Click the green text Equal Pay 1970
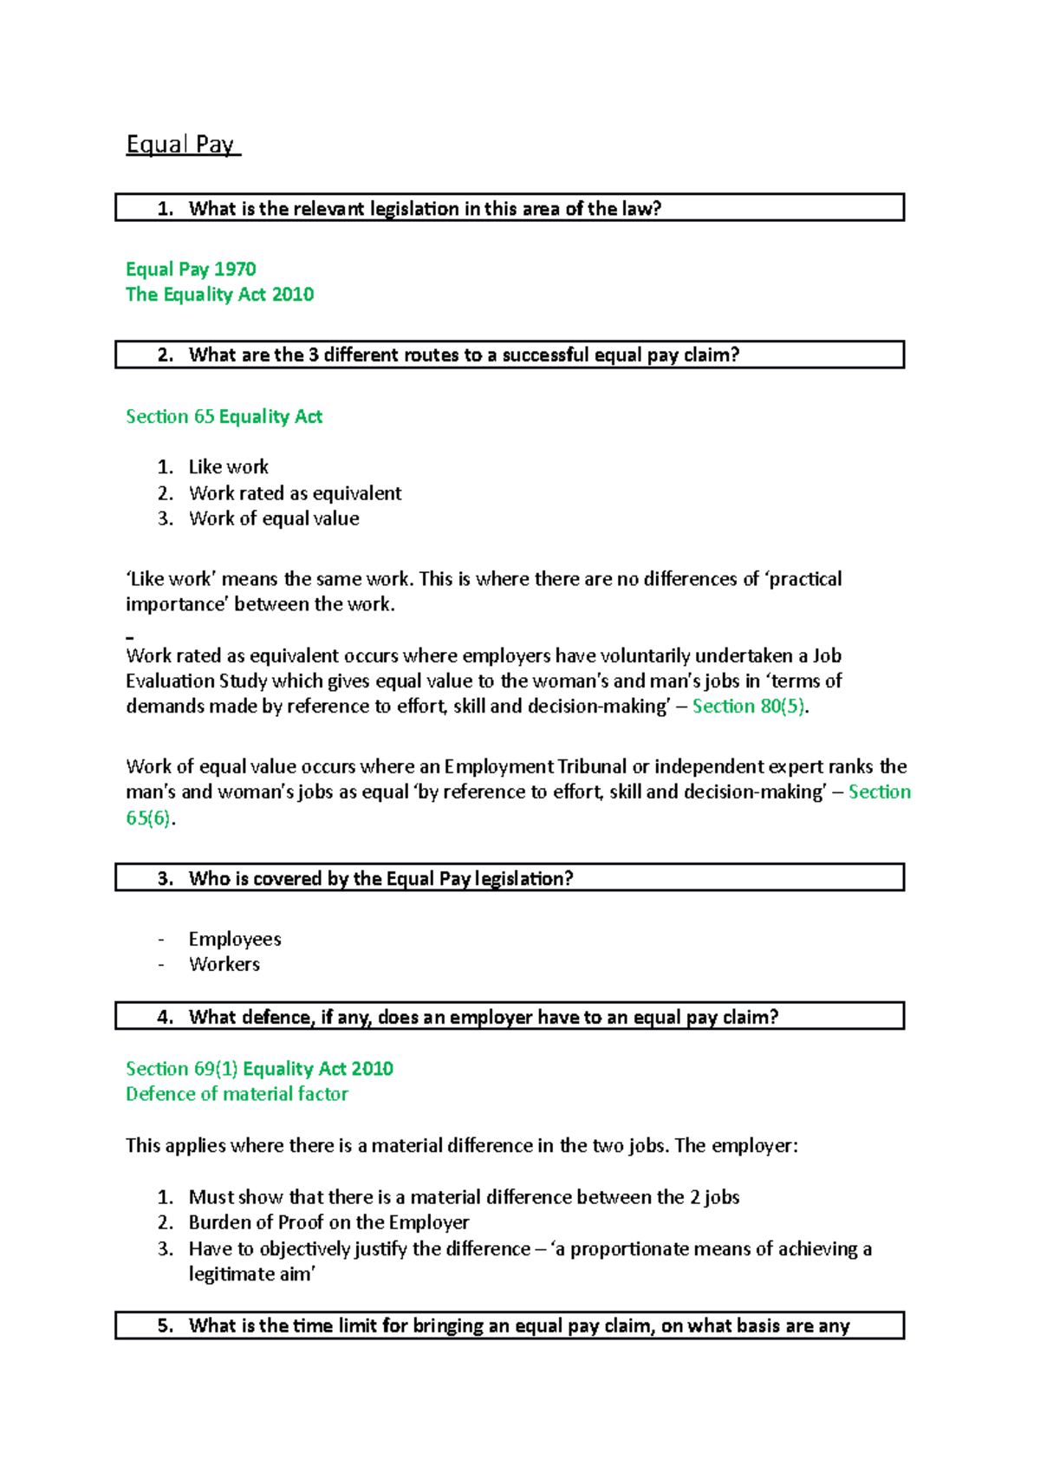click(x=191, y=269)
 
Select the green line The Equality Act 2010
click(x=219, y=294)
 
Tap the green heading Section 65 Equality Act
click(x=224, y=416)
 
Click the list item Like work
click(x=229, y=466)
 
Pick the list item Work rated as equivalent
click(x=295, y=492)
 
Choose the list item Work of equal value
click(x=274, y=518)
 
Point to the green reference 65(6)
click(x=148, y=817)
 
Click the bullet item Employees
click(x=235, y=939)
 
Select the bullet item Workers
click(x=224, y=964)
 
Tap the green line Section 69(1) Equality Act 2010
click(x=259, y=1068)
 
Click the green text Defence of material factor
click(x=237, y=1093)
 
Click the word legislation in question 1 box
click(x=414, y=208)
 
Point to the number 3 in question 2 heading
click(x=314, y=355)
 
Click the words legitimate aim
click(x=250, y=1273)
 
